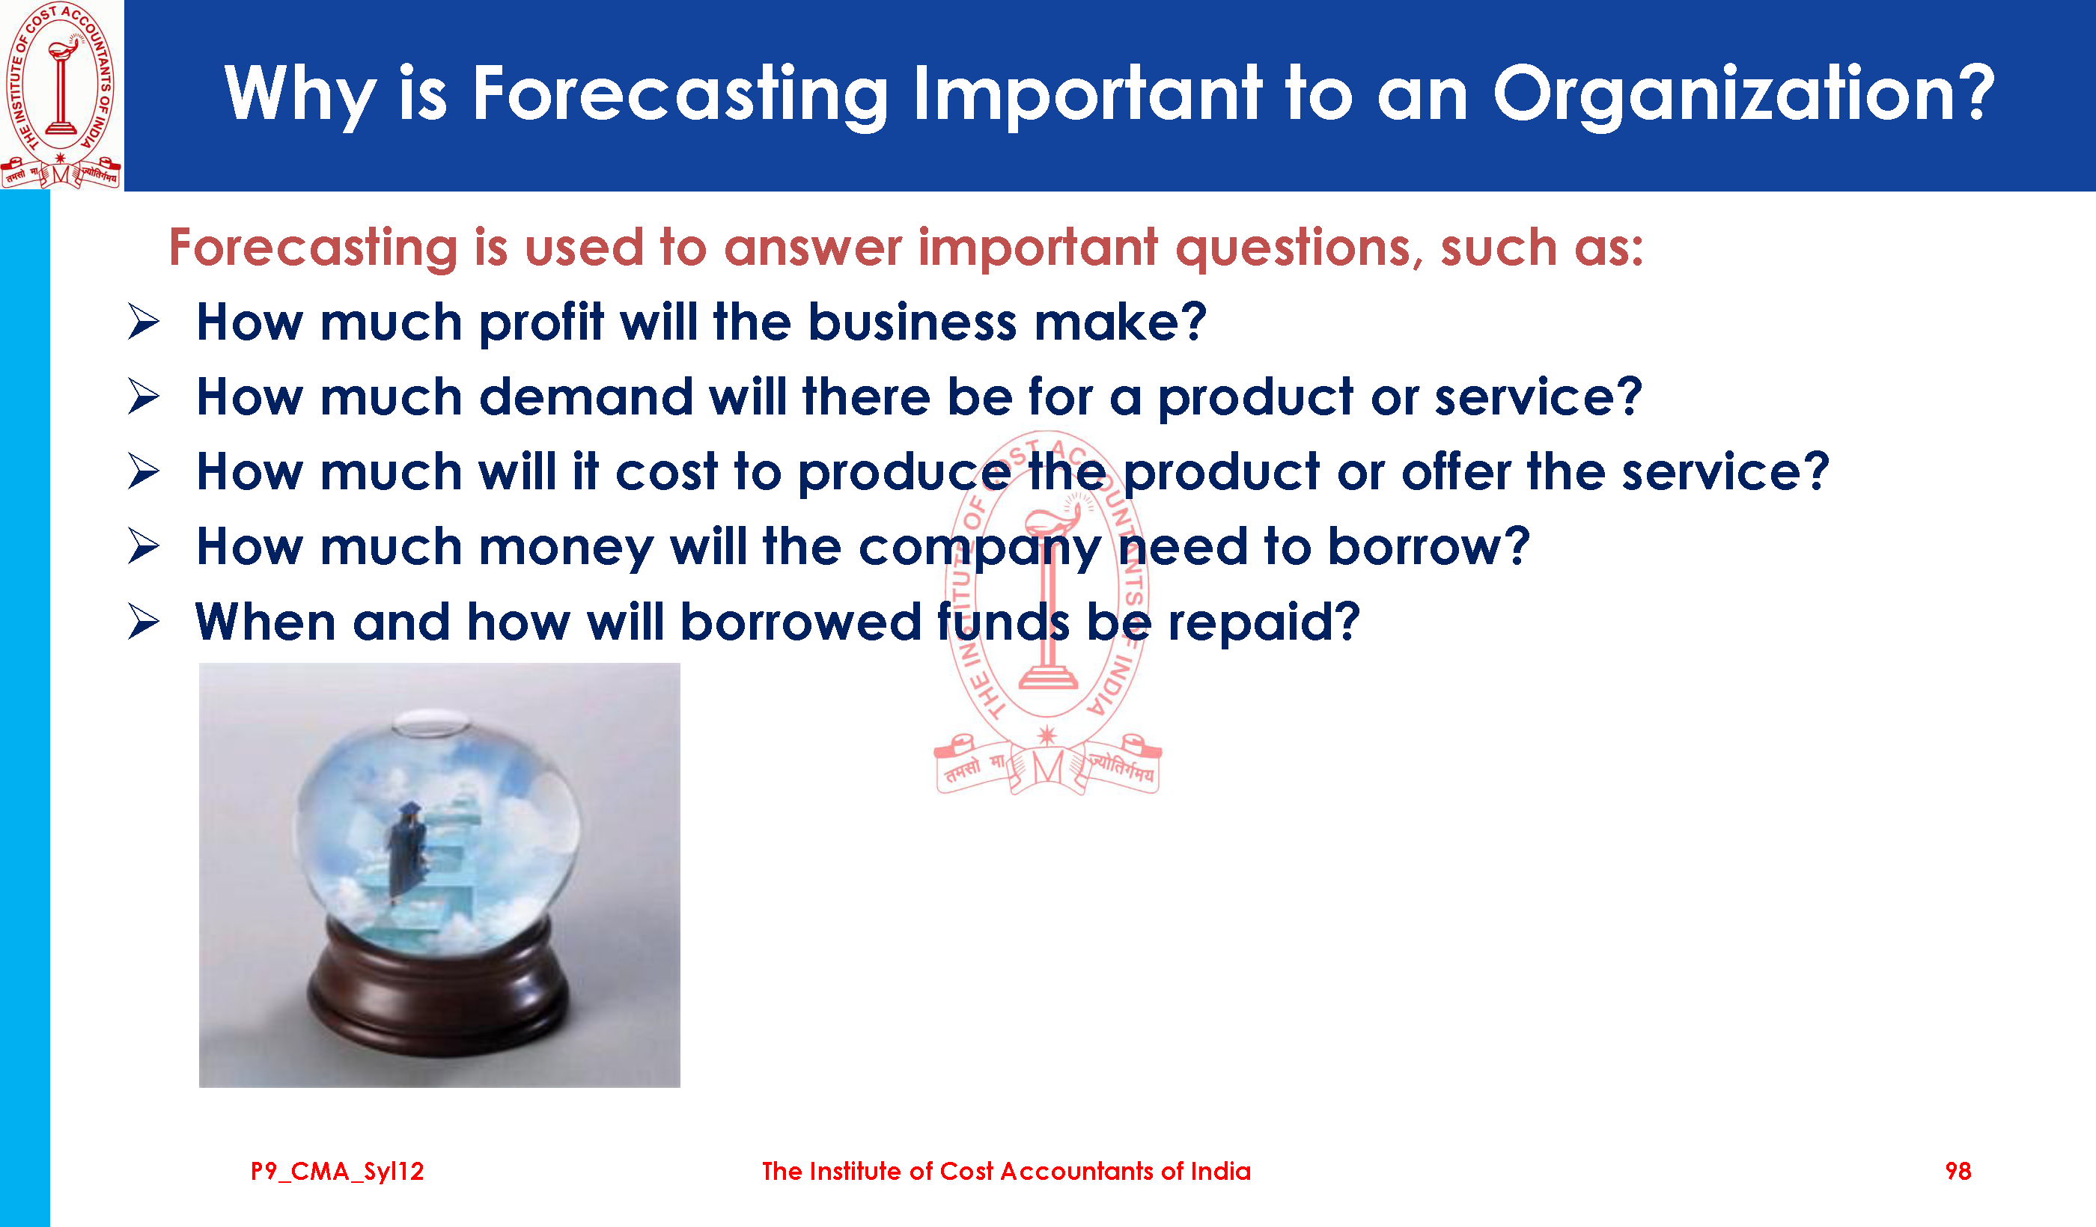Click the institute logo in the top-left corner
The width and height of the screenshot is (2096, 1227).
pyautogui.click(x=61, y=95)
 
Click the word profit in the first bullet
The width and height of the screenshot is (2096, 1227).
pyautogui.click(x=540, y=323)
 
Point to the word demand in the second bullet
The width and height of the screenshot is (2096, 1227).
pyautogui.click(x=586, y=397)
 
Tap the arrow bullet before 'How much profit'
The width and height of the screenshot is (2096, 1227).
pyautogui.click(x=144, y=322)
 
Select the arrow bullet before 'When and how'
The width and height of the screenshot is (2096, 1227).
pyautogui.click(x=144, y=622)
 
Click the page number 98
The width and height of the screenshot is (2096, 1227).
pyautogui.click(x=1958, y=1172)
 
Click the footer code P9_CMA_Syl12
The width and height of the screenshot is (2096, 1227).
pyautogui.click(x=338, y=1172)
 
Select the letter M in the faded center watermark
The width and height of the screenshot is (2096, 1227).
pyautogui.click(x=1048, y=766)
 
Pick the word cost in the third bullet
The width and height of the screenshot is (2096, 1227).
pyautogui.click(x=666, y=472)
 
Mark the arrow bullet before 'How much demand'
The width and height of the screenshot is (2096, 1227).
pyautogui.click(x=144, y=397)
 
